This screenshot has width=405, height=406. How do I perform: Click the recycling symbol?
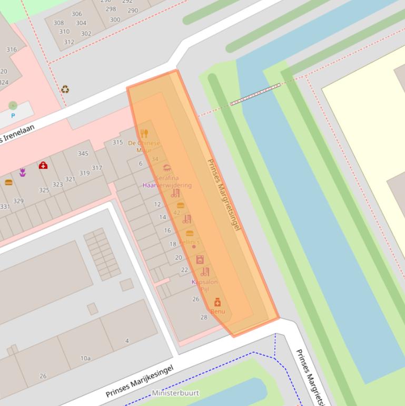(65, 89)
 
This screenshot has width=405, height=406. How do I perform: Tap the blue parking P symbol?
(13, 115)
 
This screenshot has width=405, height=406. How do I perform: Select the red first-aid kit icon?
(43, 166)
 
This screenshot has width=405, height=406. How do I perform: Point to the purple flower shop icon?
(23, 172)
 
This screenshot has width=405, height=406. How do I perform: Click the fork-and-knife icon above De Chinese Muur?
(144, 133)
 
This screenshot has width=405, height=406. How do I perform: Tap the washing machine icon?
(200, 259)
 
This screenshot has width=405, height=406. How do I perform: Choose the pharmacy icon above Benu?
(217, 302)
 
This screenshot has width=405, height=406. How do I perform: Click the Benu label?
(218, 312)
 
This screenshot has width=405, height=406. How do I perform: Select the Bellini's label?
(189, 242)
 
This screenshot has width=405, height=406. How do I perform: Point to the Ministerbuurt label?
(175, 393)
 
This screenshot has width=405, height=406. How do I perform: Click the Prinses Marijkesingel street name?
(139, 381)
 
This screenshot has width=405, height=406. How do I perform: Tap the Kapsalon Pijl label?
(205, 285)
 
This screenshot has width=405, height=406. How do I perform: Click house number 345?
(83, 153)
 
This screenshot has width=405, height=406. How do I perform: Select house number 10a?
(85, 358)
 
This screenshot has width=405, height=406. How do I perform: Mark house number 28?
(204, 317)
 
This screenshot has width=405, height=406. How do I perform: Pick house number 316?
(12, 50)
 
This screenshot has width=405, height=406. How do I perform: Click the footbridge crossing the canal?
(255, 94)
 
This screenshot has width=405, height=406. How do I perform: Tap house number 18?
(173, 244)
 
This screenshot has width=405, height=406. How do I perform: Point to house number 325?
(44, 190)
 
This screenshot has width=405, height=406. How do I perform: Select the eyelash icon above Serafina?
(167, 168)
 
